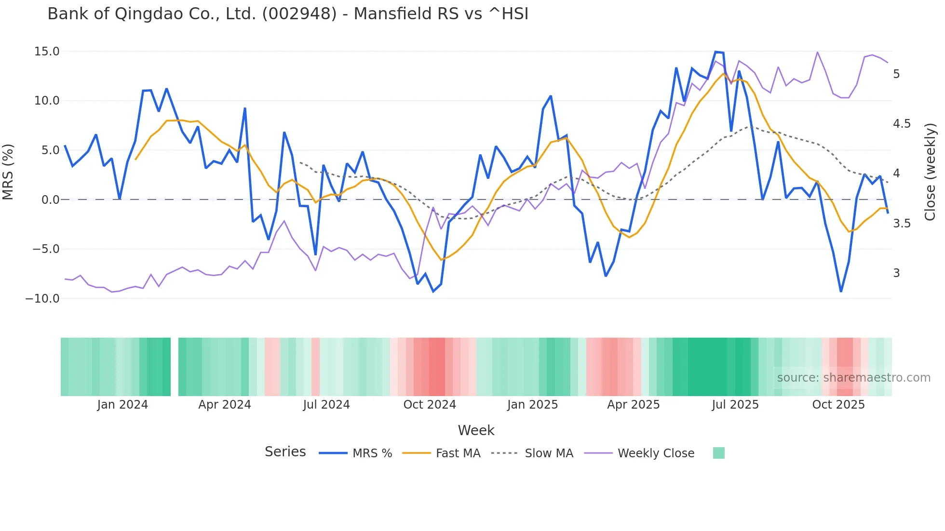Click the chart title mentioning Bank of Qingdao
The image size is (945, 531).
tap(288, 14)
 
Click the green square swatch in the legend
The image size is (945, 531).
tap(718, 453)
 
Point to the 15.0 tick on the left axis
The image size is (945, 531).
tap(47, 52)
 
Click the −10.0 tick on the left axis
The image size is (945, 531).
tap(42, 299)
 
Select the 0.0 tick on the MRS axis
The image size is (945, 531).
tap(50, 200)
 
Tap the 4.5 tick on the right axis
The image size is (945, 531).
tap(902, 124)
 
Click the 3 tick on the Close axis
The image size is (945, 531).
tap(896, 273)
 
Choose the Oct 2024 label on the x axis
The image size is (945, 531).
tap(429, 405)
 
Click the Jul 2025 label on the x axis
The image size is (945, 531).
tap(735, 405)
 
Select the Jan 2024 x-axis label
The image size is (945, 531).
tap(122, 405)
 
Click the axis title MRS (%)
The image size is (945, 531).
tap(8, 172)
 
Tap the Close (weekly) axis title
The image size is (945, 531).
tap(930, 172)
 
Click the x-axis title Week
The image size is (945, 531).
tap(476, 430)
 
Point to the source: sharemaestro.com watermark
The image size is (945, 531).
tap(853, 378)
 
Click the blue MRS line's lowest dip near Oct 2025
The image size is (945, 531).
tap(841, 291)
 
